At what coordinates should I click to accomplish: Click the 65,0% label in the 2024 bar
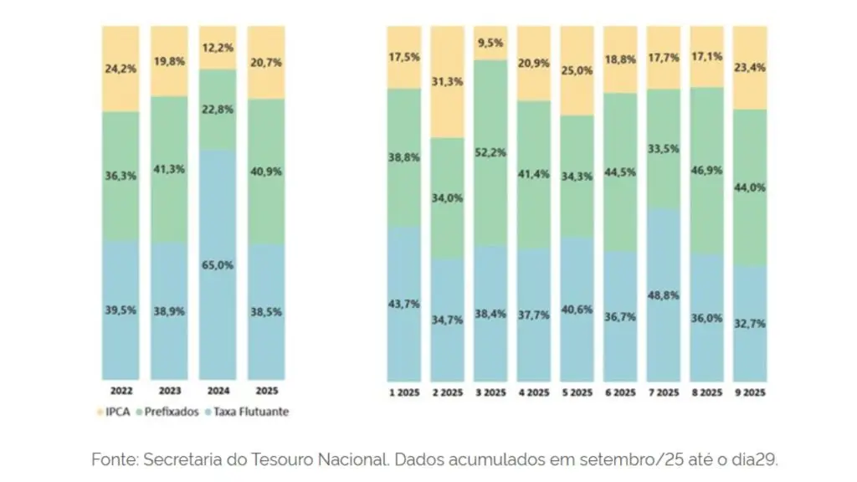218,265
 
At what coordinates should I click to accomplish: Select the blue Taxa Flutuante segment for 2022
121,310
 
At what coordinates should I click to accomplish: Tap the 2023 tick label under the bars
169,391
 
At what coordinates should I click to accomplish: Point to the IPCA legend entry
113,412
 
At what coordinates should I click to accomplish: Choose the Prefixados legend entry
167,412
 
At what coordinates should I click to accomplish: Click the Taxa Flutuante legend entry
247,412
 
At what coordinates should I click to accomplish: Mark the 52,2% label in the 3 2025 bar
490,152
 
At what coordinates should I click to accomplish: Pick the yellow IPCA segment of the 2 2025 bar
447,82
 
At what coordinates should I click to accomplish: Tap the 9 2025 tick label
750,392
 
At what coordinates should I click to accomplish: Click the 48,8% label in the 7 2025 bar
664,295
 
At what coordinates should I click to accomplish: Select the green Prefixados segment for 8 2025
706,171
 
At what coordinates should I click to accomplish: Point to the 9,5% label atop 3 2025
490,43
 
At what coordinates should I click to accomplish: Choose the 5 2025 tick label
577,392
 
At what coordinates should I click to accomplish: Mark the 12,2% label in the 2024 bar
218,48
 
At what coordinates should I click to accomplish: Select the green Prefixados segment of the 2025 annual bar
266,172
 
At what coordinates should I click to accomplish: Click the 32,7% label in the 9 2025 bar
750,324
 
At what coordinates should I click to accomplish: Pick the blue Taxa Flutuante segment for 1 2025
404,304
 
